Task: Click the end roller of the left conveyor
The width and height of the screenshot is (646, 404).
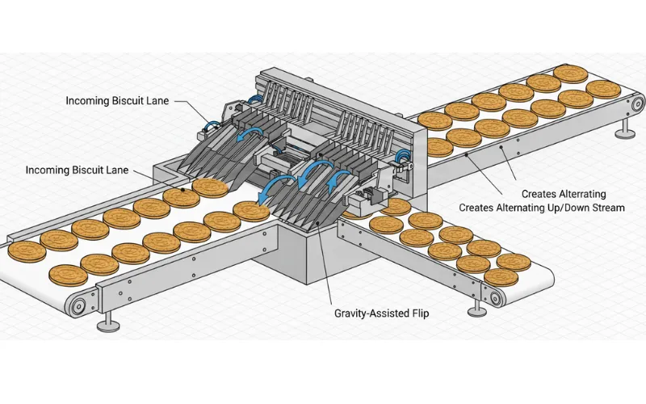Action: tap(78, 307)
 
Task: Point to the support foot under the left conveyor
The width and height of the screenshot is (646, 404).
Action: tap(105, 326)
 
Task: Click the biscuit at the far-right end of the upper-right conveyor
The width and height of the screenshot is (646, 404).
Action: tap(603, 88)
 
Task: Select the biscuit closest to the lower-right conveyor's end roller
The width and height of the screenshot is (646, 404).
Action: tap(501, 277)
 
